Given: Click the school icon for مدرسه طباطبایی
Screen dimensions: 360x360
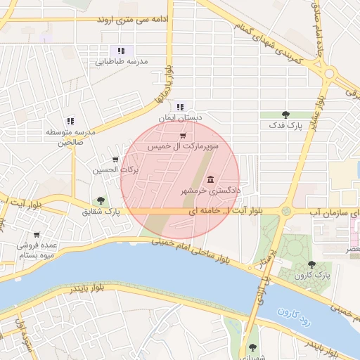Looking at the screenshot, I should point(121,51).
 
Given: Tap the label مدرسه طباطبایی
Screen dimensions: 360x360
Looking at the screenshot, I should point(121,62).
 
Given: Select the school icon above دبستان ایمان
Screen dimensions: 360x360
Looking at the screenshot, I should point(180,107).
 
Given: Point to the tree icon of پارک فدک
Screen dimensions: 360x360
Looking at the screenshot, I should point(285,113).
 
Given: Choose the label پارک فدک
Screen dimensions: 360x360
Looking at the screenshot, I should point(285,124).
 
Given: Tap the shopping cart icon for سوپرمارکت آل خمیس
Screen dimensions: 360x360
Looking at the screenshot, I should point(183,136).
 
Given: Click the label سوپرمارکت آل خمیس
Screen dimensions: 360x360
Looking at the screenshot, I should point(183,146).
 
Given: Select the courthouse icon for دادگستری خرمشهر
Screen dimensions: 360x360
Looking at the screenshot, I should point(211,180).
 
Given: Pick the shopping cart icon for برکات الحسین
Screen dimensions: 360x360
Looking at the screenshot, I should point(115,159).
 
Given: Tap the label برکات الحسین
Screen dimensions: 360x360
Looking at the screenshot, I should point(115,170).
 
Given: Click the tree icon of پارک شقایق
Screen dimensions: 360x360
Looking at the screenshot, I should point(101,200).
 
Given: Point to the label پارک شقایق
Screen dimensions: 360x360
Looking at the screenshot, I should point(101,211).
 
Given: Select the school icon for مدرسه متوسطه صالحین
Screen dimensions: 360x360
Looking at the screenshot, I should point(70,122).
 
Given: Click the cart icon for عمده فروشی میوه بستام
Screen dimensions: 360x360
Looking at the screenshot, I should point(37,235).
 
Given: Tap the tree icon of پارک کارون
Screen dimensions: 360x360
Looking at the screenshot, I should point(311,264).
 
